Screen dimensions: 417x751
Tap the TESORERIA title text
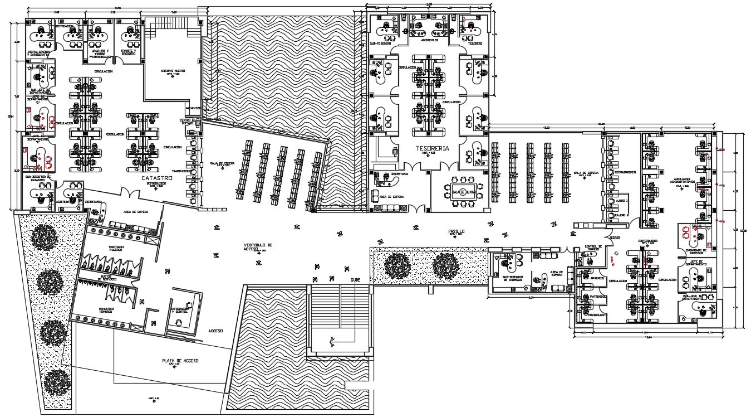(x=433, y=148)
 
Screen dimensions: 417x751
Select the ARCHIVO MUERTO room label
(x=173, y=71)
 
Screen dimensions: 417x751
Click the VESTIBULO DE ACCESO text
(x=258, y=246)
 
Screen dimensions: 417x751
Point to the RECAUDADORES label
(x=625, y=172)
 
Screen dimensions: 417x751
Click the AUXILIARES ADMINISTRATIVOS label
(x=684, y=182)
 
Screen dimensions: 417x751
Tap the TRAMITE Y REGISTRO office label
(x=129, y=52)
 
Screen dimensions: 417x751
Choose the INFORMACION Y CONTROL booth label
(x=179, y=311)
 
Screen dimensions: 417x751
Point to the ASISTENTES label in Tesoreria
(x=429, y=41)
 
